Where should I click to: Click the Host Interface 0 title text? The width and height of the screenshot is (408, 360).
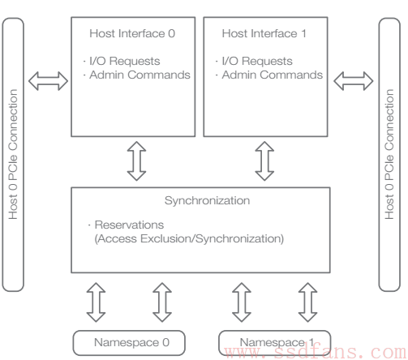[x=132, y=33]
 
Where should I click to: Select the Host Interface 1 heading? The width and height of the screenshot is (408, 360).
[x=264, y=33]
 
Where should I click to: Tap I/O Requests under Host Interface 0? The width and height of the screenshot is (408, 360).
[x=125, y=61]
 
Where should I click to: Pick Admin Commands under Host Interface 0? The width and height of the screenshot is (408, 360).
[x=140, y=75]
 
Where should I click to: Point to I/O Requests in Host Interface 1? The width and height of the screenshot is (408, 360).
[x=257, y=61]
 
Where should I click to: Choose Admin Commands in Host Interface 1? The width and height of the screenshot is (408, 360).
[x=273, y=75]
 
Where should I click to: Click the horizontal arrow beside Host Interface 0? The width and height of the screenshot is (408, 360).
[x=48, y=81]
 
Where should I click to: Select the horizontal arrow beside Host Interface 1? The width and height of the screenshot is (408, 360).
[x=354, y=81]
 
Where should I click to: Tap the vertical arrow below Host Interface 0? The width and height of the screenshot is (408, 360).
[x=136, y=161]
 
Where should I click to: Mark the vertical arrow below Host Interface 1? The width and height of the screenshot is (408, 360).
[x=264, y=161]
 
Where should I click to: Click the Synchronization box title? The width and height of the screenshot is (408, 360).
[x=207, y=201]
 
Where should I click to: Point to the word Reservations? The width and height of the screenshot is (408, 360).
[x=129, y=225]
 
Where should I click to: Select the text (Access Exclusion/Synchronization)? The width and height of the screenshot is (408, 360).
[x=189, y=239]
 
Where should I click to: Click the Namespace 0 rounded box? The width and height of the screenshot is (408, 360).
[x=129, y=343]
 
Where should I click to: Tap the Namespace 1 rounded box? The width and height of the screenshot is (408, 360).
[x=274, y=343]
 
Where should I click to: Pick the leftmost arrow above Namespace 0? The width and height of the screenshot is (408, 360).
[x=96, y=302]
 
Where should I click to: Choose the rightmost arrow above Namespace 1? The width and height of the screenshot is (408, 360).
[x=307, y=302]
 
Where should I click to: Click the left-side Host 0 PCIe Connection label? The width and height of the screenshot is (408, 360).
[x=13, y=154]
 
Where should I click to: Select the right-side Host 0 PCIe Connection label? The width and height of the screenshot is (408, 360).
[x=389, y=154]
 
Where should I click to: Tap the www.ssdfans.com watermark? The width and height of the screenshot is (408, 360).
[x=316, y=351]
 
